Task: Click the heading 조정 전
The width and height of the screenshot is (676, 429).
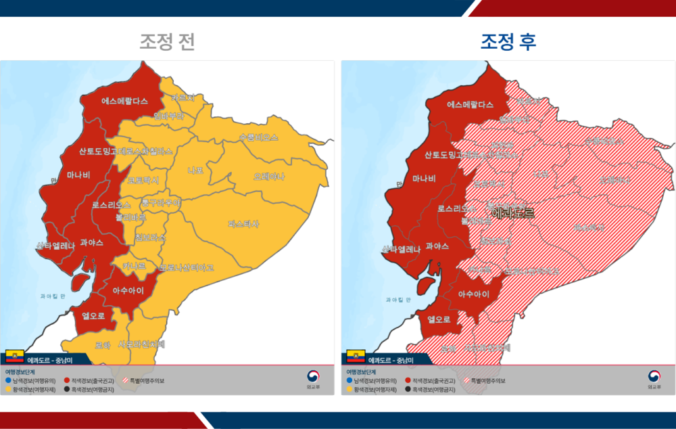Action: click(x=167, y=42)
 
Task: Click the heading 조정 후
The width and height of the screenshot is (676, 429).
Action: click(x=508, y=42)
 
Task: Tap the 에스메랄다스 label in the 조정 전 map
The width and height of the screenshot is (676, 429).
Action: click(x=124, y=101)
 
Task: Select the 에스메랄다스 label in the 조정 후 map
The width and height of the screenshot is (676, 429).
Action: click(x=470, y=105)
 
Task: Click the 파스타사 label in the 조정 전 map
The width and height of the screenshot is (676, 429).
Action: click(x=243, y=223)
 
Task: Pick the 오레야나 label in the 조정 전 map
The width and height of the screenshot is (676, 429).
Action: click(x=268, y=177)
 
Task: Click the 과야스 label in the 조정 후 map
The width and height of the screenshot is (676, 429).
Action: click(x=437, y=246)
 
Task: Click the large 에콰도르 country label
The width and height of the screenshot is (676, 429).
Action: click(x=512, y=213)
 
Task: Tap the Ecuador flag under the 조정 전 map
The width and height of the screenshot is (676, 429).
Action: click(x=15, y=357)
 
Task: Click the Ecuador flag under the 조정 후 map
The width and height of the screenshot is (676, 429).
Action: click(x=356, y=357)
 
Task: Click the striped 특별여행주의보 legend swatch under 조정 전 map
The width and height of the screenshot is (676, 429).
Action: click(x=126, y=381)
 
